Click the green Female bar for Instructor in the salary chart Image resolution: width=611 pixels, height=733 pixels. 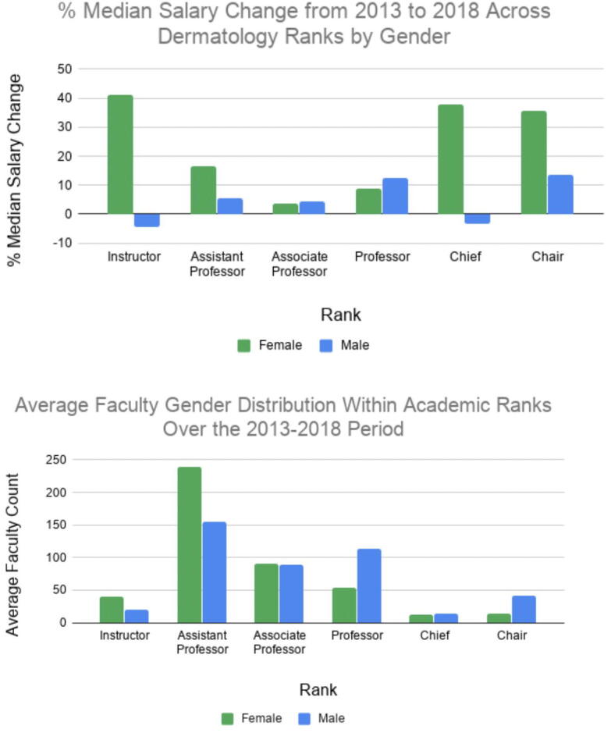coord(120,154)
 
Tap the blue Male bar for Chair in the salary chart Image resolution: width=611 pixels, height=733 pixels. coord(560,194)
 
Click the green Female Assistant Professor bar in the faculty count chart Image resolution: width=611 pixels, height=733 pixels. coord(189,544)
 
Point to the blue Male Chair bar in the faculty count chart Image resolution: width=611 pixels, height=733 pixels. coord(524,609)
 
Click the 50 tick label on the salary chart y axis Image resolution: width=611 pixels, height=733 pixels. coord(64,69)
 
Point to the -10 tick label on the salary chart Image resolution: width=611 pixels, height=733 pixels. coord(62,243)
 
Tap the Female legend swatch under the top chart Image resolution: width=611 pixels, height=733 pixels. coord(244,344)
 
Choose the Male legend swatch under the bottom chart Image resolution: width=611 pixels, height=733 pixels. coord(304,717)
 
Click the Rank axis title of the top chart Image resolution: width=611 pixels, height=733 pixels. coord(340,315)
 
